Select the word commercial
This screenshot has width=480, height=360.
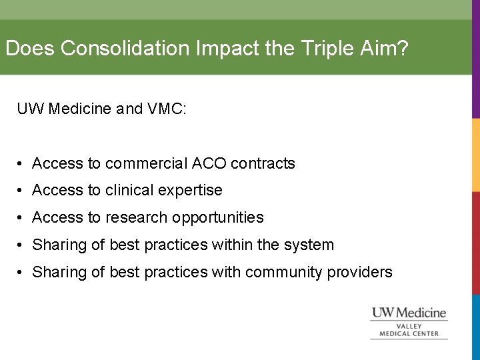[x=146, y=163]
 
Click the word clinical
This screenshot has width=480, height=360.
[x=130, y=191]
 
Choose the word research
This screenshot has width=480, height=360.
[x=137, y=218]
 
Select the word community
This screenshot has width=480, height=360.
[x=284, y=272]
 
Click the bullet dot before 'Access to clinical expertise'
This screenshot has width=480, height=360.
[x=22, y=191]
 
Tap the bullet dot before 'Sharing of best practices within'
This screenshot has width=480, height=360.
[x=22, y=245]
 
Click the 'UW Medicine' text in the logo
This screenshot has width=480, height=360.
[x=409, y=313]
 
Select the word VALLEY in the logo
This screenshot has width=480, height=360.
[x=409, y=326]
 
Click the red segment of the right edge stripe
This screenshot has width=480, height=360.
[x=476, y=247]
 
